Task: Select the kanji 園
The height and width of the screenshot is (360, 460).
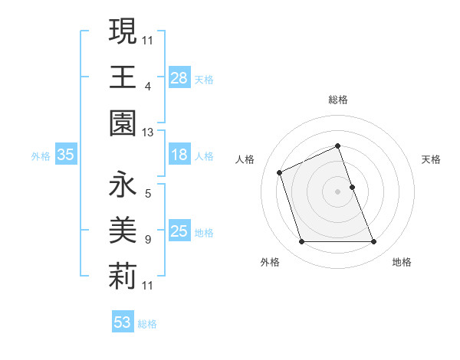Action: tap(123, 123)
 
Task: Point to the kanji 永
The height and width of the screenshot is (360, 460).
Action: tap(123, 185)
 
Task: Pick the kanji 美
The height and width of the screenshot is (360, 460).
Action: tap(123, 231)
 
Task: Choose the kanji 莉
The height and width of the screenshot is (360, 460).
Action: tap(123, 276)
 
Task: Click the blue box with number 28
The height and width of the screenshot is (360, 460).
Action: tap(179, 77)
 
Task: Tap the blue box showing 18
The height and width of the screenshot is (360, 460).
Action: tap(179, 155)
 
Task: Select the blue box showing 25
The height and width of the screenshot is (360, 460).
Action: tap(179, 231)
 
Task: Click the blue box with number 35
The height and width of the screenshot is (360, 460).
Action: tap(66, 155)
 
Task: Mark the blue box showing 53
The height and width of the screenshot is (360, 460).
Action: tap(123, 322)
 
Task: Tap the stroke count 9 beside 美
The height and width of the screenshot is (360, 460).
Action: tap(147, 240)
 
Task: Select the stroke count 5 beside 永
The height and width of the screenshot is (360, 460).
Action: tap(147, 193)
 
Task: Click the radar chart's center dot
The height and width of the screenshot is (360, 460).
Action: tap(337, 191)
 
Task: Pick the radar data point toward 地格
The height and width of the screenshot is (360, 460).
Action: tap(373, 242)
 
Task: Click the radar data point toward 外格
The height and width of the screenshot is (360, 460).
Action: tap(301, 242)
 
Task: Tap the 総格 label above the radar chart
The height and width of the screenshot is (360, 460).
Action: tap(338, 100)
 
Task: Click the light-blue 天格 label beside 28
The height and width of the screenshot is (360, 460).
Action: tap(204, 79)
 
